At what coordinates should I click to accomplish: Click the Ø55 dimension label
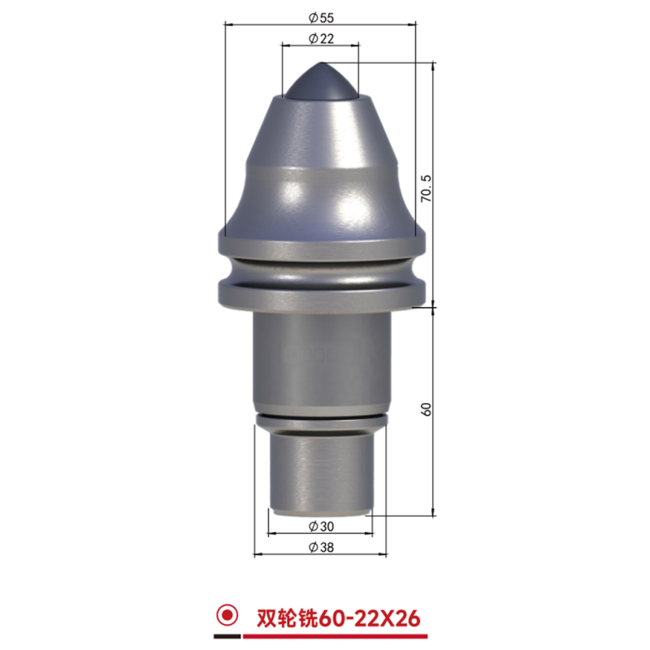point(321,18)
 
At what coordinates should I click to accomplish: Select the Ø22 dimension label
point(321,38)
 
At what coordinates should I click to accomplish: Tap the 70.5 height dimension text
point(426,188)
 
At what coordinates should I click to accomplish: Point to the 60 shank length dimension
point(426,409)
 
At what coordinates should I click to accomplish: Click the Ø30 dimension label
point(321,526)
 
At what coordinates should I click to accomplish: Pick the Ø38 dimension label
point(321,547)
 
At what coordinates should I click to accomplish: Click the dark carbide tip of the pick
point(320,81)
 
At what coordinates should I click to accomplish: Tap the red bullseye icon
point(227,615)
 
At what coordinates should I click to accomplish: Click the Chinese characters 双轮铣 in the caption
point(287,619)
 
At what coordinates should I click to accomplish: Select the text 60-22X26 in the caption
point(369,619)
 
